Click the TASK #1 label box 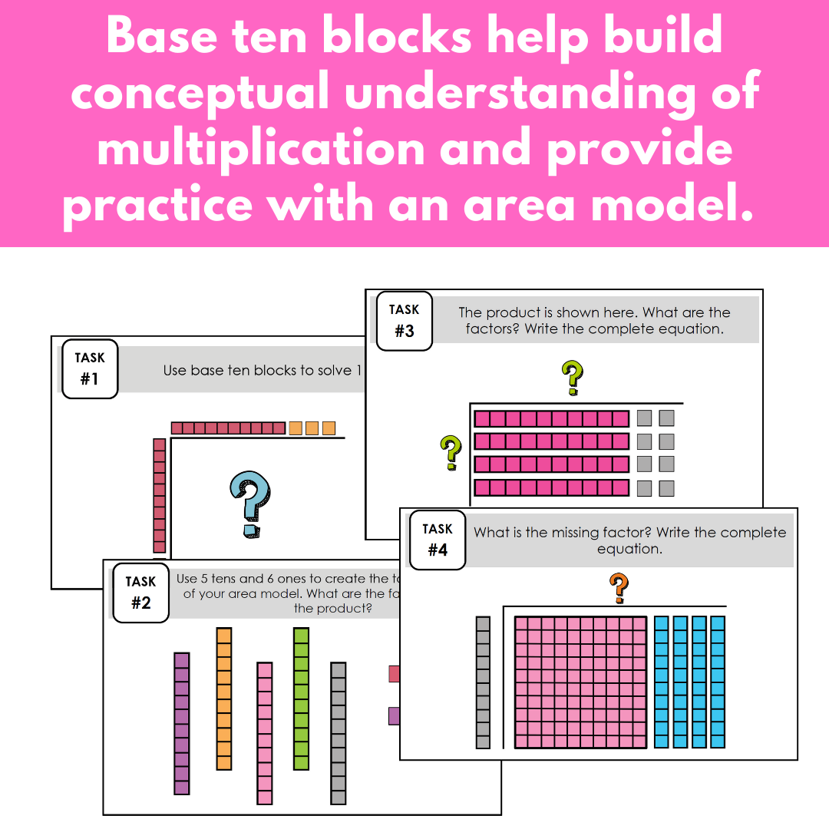coord(90,368)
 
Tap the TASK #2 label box coord(140,593)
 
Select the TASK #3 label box coord(404,320)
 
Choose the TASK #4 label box coord(438,540)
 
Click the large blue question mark coord(251,504)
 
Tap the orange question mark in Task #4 coord(619,589)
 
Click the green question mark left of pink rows coord(451,452)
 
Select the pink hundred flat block coord(581,682)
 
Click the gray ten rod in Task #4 coord(483,682)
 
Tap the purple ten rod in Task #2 coord(181,723)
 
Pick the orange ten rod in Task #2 coord(224,699)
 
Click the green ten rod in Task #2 coord(301,699)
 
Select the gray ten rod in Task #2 coord(339,733)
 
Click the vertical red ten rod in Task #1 coord(160,495)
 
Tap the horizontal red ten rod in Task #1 coord(228,428)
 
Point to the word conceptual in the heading coord(204,92)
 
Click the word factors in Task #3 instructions coord(486,329)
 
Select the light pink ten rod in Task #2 coord(264,733)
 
